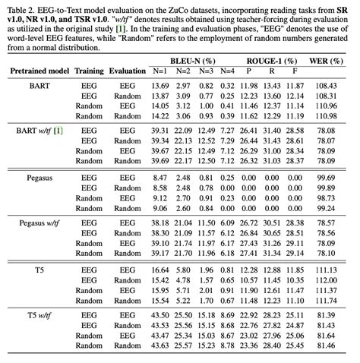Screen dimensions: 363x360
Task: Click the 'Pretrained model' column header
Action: pyautogui.click(x=39, y=70)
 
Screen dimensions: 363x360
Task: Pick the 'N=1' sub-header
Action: pyautogui.click(x=160, y=70)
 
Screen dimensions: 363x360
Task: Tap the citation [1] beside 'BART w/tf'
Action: pyautogui.click(x=58, y=131)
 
